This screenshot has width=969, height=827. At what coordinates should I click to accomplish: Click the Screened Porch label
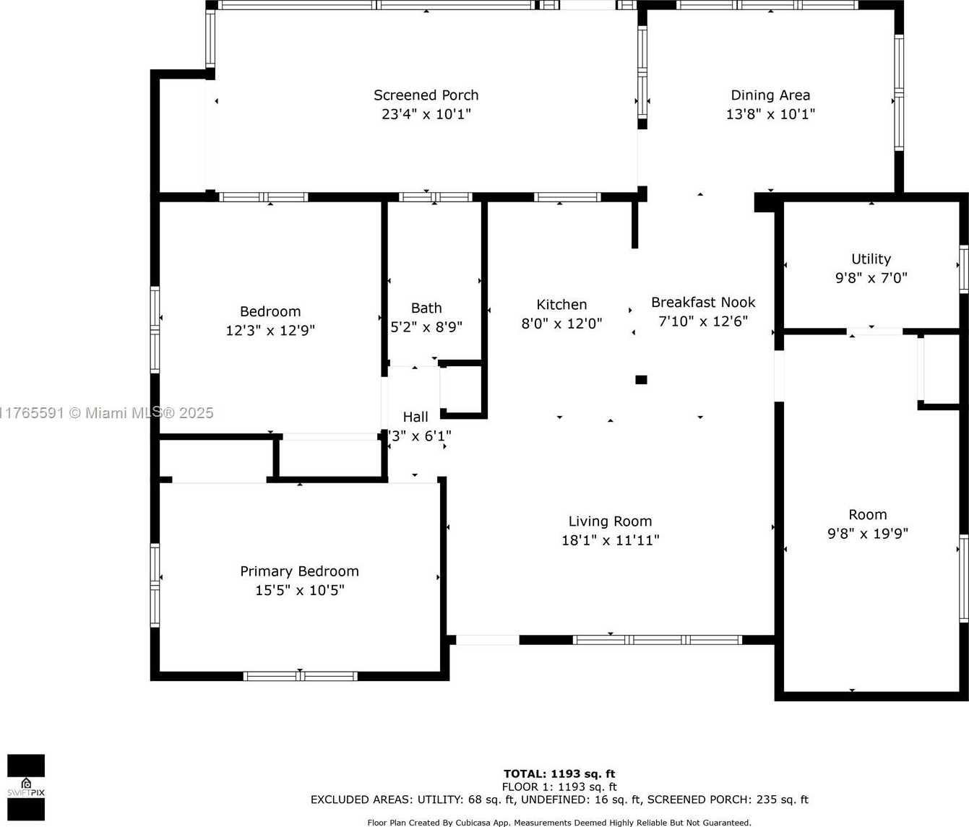tap(426, 95)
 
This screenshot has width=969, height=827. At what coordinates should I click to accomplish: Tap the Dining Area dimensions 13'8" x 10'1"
tap(770, 114)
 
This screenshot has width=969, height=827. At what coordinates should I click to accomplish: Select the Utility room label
tap(871, 259)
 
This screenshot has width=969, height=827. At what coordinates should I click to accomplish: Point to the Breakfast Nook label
tap(703, 302)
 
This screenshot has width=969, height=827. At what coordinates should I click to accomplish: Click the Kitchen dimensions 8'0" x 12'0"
tap(561, 324)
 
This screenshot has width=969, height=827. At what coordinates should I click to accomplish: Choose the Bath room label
tap(426, 308)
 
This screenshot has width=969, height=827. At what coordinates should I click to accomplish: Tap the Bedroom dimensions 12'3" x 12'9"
tap(270, 331)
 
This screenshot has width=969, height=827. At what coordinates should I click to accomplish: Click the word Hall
tap(415, 417)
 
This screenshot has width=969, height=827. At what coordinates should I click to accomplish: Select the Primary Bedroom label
tap(299, 571)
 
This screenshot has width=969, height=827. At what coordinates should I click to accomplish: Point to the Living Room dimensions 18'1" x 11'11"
tap(610, 540)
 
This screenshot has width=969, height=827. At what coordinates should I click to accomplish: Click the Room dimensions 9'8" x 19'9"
tap(867, 534)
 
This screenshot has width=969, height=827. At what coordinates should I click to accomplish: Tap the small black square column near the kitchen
tap(641, 379)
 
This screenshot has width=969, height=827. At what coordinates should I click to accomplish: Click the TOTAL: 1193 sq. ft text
tap(559, 774)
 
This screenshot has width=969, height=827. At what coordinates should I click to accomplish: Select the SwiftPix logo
tap(26, 787)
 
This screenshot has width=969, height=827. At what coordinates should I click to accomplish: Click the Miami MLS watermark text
tap(107, 413)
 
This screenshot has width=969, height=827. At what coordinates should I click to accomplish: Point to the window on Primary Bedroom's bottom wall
tap(300, 676)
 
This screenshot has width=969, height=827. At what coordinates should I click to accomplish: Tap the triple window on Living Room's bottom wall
tap(658, 640)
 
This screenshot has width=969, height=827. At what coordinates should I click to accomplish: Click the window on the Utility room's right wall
tap(964, 269)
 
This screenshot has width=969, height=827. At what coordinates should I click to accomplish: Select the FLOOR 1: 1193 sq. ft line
tap(559, 787)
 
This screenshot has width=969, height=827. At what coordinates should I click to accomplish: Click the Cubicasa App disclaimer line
tap(559, 823)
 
